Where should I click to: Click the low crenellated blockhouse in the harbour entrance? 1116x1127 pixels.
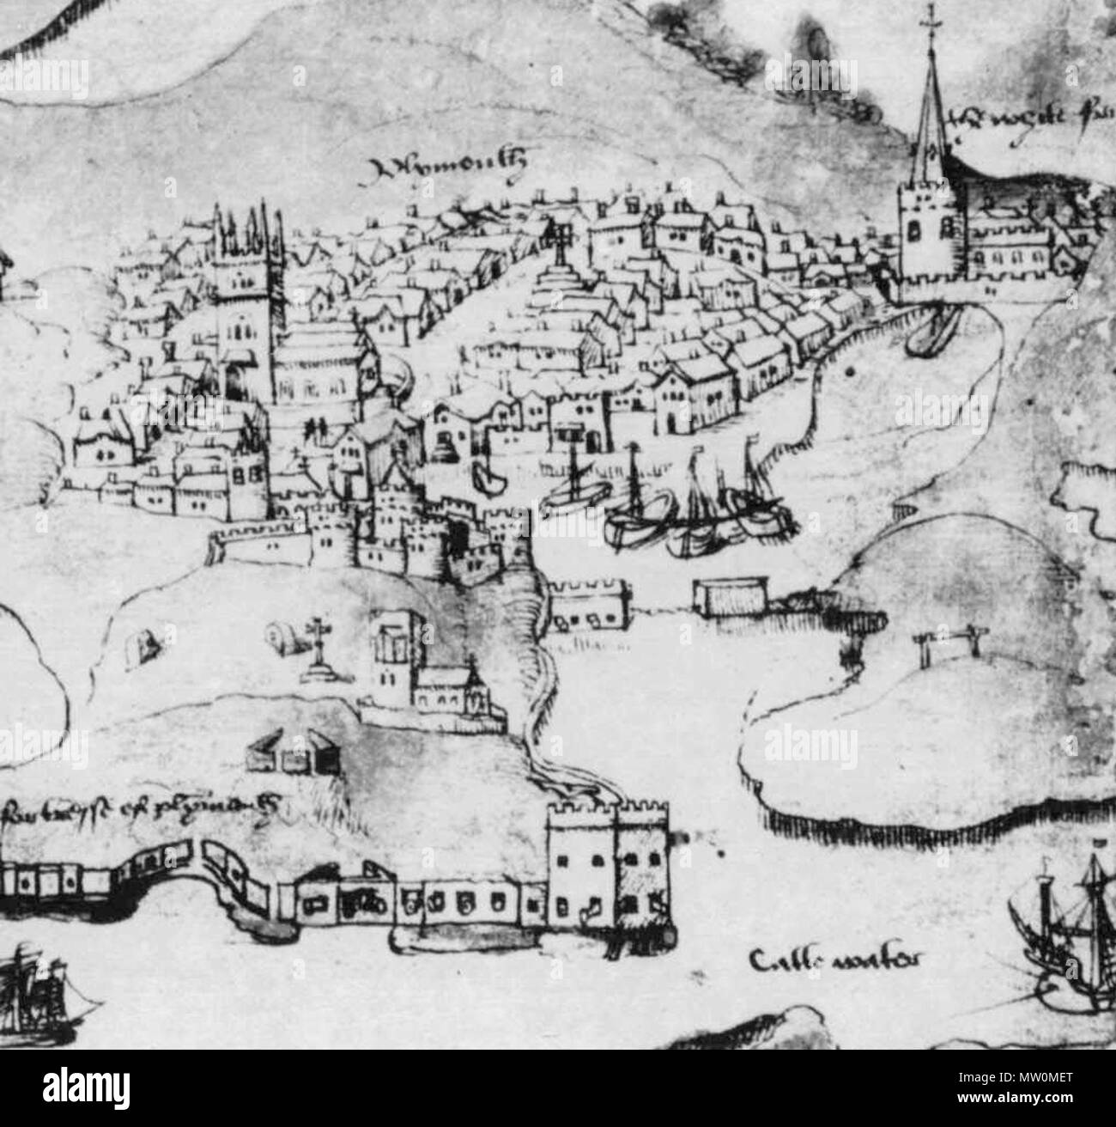588,601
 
